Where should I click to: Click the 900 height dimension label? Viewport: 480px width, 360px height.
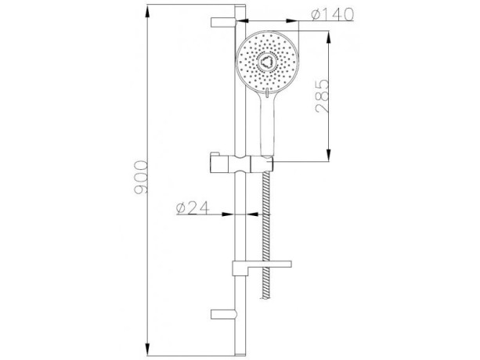pyautogui.click(x=141, y=177)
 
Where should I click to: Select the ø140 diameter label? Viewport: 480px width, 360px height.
pyautogui.click(x=332, y=14)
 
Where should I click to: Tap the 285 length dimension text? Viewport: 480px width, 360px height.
pyautogui.click(x=322, y=96)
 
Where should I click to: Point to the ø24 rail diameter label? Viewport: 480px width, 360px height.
pyautogui.click(x=193, y=208)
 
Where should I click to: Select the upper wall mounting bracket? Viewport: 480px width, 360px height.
pyautogui.click(x=224, y=23)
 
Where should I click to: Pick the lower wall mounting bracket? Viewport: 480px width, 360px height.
pyautogui.click(x=224, y=314)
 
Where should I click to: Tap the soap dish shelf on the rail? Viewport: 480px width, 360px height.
pyautogui.click(x=262, y=268)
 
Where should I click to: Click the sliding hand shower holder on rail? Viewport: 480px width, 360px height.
pyautogui.click(x=241, y=164)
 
